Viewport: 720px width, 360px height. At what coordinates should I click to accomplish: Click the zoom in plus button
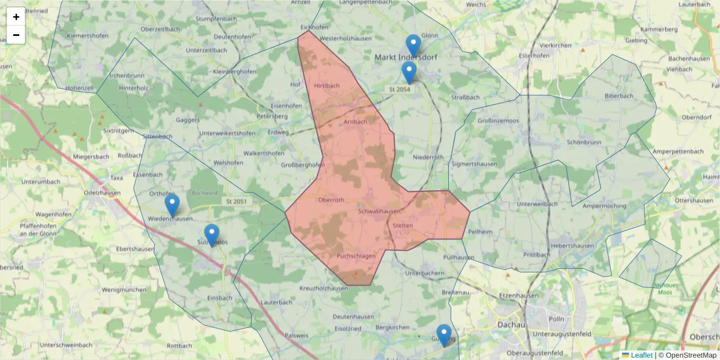[x=16, y=17]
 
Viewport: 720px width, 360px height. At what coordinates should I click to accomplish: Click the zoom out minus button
[x=16, y=35]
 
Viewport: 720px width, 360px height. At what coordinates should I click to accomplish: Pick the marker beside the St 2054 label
[x=409, y=73]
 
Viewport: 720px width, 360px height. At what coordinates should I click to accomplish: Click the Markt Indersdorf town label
[x=406, y=58]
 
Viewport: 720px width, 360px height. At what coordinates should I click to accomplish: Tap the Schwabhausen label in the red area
[x=379, y=212]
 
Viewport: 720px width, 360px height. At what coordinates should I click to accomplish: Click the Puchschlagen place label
[x=356, y=256]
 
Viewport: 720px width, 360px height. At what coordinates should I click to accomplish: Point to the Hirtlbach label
[x=326, y=86]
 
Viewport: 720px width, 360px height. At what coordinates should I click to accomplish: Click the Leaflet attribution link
[x=641, y=355]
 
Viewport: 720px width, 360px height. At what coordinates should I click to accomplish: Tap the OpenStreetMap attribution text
[x=687, y=355]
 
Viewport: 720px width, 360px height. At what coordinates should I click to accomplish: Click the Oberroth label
[x=332, y=200]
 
